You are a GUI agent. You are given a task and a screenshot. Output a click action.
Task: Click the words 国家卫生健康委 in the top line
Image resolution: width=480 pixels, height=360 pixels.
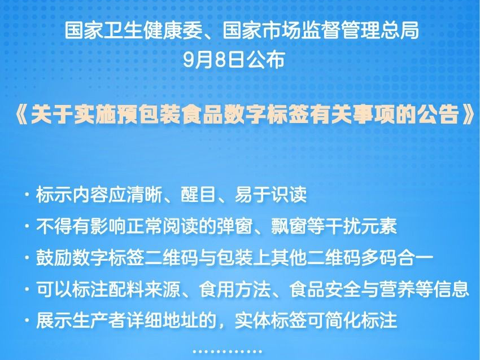pos(134,31)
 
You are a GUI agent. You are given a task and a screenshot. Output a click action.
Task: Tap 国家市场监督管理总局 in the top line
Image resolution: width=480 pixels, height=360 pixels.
pos(321,31)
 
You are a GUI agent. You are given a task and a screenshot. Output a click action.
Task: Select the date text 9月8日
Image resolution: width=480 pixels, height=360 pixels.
pos(213,59)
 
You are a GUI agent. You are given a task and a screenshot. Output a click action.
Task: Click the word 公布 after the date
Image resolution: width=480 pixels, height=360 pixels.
pos(265,59)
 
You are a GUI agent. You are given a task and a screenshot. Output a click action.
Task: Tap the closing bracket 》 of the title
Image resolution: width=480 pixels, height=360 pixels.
pos(468,115)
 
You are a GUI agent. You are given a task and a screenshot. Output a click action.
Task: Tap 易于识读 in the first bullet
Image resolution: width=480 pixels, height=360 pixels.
pos(270,194)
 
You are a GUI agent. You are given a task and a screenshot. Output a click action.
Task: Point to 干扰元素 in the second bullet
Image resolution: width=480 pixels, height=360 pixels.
pos(361,226)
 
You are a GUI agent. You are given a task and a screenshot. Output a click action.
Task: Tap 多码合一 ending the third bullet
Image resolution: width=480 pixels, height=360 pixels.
pos(398,257)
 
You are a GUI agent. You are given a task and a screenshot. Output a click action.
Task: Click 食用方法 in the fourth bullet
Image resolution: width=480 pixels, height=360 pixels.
pos(235,289)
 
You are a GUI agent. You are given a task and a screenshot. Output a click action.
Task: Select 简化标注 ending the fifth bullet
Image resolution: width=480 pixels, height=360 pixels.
pos(361,320)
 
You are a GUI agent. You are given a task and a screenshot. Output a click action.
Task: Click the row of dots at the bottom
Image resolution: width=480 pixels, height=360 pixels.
pos(228,352)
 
